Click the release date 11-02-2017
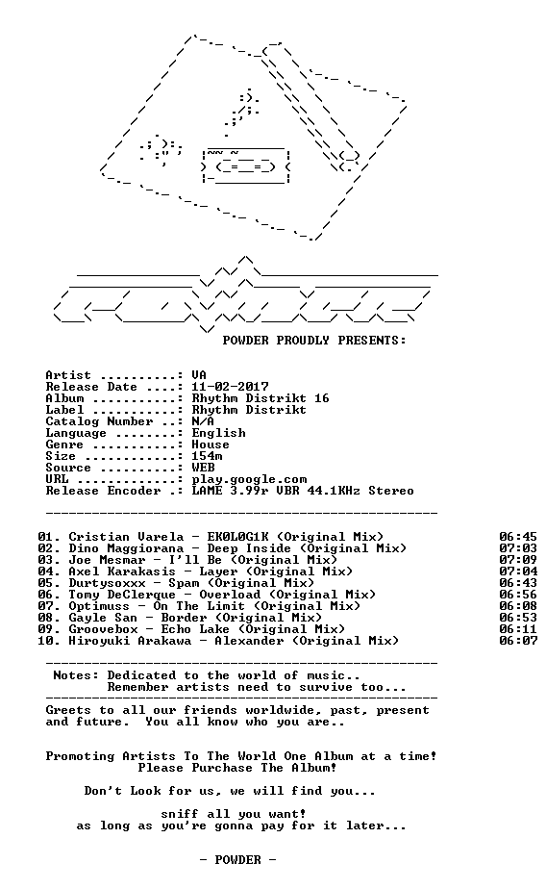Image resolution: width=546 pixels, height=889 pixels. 230,387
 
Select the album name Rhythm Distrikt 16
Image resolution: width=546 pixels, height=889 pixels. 260,398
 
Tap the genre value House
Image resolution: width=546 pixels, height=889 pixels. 211,444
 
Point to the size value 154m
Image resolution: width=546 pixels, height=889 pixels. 207,456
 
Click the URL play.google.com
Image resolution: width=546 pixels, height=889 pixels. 249,480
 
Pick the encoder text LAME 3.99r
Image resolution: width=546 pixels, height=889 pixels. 230,491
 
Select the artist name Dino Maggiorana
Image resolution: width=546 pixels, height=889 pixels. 126,548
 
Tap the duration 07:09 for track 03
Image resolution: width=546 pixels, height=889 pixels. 518,560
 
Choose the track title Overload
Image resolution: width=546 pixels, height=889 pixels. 230,595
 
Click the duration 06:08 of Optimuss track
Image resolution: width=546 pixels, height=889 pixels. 518,606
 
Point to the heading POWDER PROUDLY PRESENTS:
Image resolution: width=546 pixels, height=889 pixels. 314,341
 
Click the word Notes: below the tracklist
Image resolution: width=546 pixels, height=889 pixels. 76,675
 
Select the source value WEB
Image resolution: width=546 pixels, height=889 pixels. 203,468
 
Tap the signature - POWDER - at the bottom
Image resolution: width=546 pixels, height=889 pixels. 237,860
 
